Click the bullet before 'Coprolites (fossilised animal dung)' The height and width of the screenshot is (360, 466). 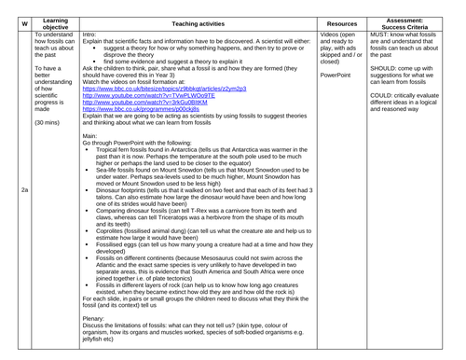(x=87, y=229)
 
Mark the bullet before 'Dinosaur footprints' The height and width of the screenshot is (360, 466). (x=87, y=189)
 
